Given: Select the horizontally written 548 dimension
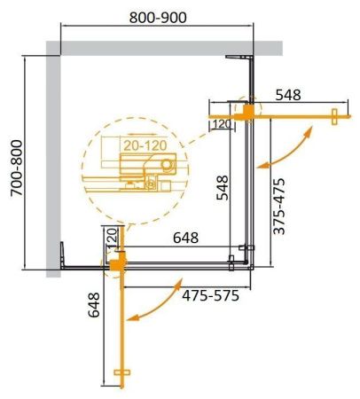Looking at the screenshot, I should [x=292, y=94].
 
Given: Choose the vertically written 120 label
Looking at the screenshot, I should [x=112, y=238].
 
